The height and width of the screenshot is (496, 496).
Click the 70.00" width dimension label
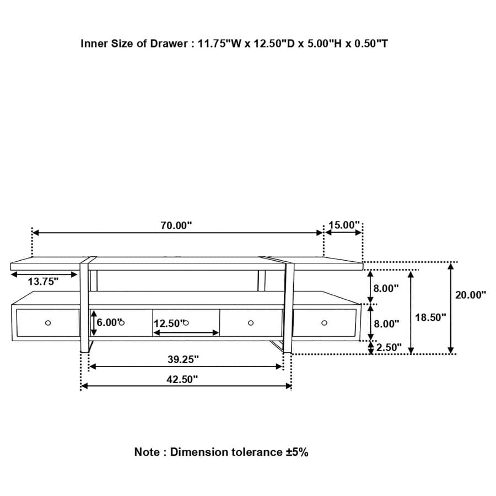click(176, 225)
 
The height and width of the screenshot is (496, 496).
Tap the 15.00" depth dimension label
click(344, 225)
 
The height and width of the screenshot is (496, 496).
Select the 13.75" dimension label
click(44, 282)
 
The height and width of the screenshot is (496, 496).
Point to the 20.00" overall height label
click(470, 295)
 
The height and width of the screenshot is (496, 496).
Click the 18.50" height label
click(430, 317)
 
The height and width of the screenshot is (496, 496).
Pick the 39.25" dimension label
click(183, 359)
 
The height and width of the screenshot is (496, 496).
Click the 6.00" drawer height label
click(107, 323)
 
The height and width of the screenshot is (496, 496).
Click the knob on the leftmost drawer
click(48, 323)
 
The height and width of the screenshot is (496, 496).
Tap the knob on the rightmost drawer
click(324, 323)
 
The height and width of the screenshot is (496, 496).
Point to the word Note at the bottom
click(147, 452)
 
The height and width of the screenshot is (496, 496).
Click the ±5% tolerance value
click(297, 452)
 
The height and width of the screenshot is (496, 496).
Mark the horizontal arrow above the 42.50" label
click(186, 386)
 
